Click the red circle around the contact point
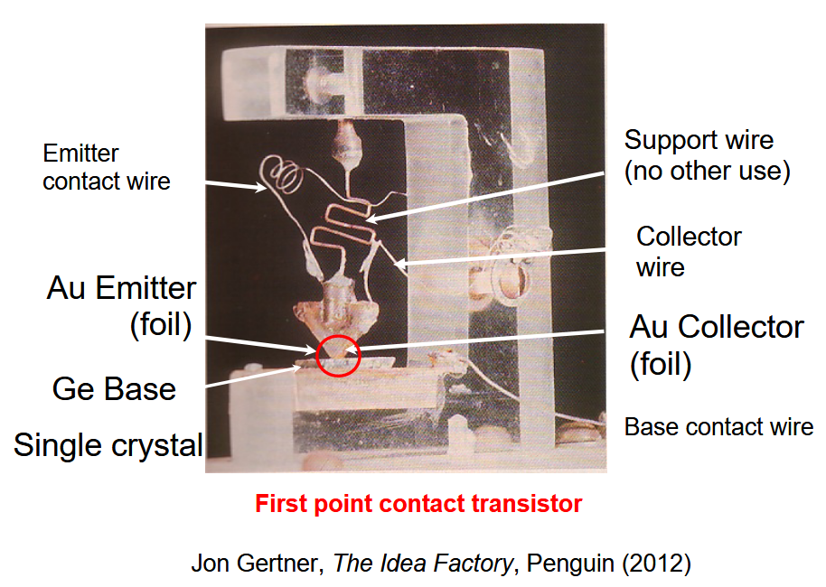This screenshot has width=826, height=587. coord(339,356)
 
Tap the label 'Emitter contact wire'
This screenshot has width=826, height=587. coord(107,168)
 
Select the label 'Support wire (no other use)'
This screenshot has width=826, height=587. coord(707,155)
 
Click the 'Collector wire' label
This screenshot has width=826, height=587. coord(689,252)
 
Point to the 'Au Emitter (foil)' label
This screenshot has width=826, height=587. coord(121,305)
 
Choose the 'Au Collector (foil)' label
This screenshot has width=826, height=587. coord(716,344)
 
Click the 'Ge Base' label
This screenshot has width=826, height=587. coord(114,389)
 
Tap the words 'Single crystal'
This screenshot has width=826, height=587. coord(108,444)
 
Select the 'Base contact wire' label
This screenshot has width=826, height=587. coord(718,426)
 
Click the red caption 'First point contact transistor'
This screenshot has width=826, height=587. coord(418,504)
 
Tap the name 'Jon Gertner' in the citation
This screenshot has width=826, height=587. coord(257,564)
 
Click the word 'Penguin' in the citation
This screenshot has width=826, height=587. coord(560,564)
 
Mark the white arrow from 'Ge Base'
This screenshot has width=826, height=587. coord(253,375)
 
